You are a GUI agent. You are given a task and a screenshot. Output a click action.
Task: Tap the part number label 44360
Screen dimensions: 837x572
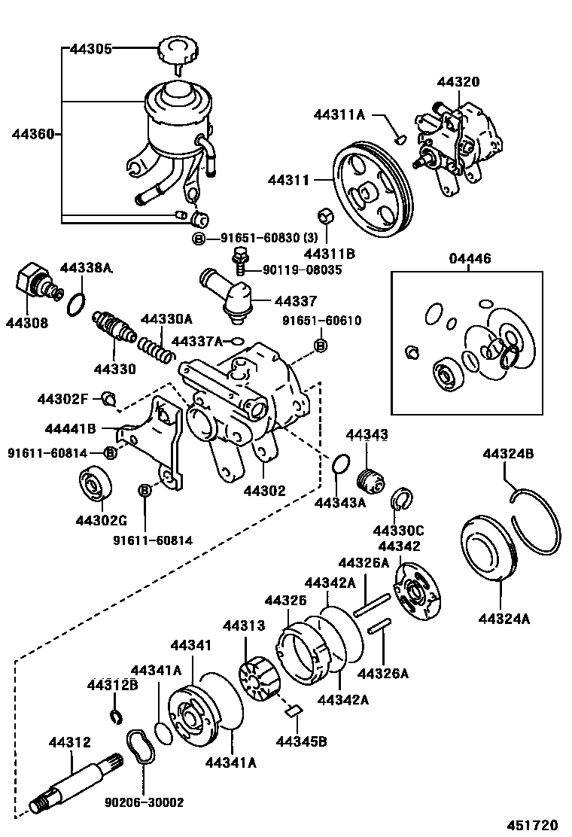coord(33,135)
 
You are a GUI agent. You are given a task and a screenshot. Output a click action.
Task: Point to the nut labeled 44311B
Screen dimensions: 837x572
coord(326,217)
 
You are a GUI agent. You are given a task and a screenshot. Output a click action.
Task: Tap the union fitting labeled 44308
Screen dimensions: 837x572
coord(31,282)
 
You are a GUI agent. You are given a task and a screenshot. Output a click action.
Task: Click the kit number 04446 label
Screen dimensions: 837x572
coord(470,260)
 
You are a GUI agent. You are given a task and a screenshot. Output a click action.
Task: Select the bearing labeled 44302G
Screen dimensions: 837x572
coord(96,484)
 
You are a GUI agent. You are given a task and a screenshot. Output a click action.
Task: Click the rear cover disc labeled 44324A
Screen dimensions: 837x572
coord(488,549)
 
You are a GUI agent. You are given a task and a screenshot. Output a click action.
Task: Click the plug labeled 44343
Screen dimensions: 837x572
coord(370,477)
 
